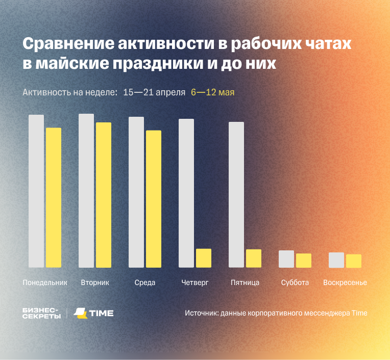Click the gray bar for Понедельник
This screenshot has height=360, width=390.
36,191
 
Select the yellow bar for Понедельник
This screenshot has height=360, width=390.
54,197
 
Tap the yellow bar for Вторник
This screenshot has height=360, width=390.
104,195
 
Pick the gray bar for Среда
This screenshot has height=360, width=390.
136,192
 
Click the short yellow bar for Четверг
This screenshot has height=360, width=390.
204,258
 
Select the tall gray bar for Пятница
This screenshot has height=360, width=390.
236,195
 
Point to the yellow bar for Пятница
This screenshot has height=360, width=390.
254,259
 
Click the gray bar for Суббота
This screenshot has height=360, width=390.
286,259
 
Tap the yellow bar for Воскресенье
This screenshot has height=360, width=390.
354,261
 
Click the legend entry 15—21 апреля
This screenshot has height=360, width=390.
154,92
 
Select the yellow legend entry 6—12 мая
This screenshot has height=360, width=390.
212,92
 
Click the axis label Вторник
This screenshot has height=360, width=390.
95,282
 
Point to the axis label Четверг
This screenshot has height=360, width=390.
195,282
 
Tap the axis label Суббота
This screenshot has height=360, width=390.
295,282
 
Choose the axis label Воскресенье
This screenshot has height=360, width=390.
345,282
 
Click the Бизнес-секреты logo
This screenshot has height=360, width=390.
41,313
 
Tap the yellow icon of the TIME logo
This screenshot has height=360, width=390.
80,313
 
